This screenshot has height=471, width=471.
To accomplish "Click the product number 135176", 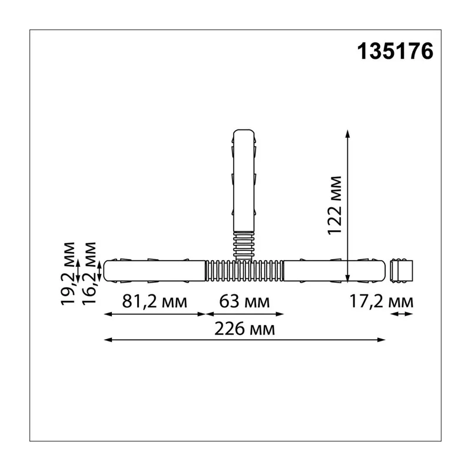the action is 395,51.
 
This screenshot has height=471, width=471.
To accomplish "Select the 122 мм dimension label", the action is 334,205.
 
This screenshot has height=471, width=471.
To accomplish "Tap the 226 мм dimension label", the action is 244,329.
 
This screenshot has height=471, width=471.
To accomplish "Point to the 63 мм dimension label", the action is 244,301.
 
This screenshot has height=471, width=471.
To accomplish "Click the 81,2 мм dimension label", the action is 154,301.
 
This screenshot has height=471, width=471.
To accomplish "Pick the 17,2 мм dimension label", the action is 381,301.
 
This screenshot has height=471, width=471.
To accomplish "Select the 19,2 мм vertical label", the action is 68,273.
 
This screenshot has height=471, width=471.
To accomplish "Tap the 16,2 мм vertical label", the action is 89,273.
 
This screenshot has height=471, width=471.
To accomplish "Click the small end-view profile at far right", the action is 402,271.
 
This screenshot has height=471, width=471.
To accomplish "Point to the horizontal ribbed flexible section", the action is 244,271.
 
